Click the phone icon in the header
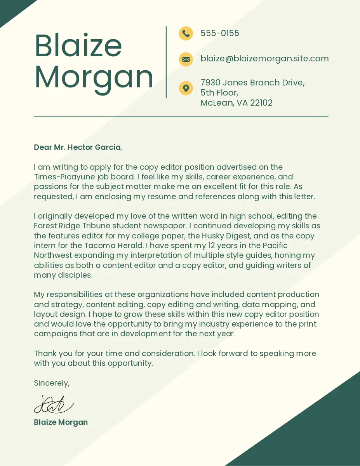click(186, 33)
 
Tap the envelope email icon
click(186, 59)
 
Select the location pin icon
click(186, 88)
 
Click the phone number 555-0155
click(220, 33)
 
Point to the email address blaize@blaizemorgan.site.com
click(264, 59)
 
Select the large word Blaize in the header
click(78, 45)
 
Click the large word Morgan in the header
click(94, 77)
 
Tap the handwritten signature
click(54, 405)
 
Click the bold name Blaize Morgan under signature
click(61, 422)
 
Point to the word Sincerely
click(52, 383)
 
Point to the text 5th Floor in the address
click(219, 93)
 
